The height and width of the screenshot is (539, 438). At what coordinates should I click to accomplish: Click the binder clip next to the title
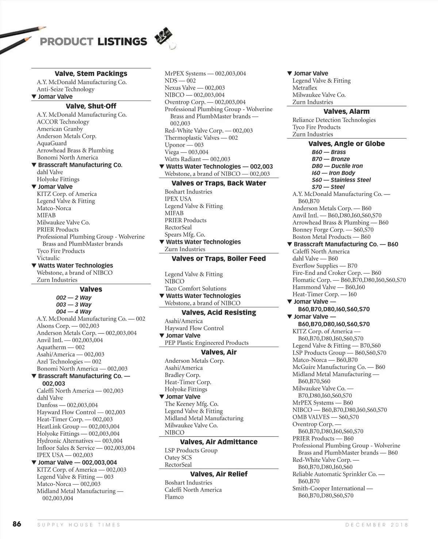point(165,37)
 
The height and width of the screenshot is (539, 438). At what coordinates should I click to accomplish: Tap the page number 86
point(17,524)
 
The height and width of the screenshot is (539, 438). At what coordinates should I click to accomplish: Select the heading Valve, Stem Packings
point(91,73)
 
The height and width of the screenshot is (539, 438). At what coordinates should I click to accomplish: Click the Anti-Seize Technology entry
point(65,89)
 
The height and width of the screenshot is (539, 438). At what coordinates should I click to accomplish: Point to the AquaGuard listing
point(51,143)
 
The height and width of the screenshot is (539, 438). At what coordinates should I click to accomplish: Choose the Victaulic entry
point(48,258)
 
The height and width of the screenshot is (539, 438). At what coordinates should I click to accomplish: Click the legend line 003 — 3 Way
point(74,305)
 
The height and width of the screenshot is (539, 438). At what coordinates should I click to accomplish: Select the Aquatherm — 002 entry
point(61,347)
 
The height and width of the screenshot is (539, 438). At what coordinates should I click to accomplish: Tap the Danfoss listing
point(67,405)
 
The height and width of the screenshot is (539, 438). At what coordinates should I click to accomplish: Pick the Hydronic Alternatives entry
point(80,441)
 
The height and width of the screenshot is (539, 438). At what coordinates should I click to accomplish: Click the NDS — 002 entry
point(180,81)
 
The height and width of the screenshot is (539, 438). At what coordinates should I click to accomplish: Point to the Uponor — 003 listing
point(184,145)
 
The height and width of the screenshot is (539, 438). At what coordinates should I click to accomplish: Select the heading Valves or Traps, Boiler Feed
point(219,259)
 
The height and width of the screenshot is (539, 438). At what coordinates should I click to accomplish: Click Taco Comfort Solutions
point(195,289)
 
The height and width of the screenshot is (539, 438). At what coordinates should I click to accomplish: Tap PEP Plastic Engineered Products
point(206,343)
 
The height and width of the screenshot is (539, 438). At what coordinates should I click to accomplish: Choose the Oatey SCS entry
point(178,458)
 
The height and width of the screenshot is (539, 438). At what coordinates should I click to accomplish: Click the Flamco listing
point(174,497)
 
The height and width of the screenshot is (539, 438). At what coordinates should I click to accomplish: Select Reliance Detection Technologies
point(334,120)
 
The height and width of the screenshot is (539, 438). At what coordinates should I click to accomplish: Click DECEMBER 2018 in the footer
point(376,525)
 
